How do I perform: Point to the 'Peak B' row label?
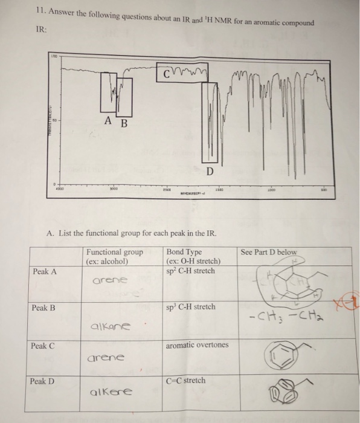pos(45,308)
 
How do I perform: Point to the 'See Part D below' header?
pos(269,252)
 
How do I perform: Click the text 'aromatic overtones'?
pos(196,346)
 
